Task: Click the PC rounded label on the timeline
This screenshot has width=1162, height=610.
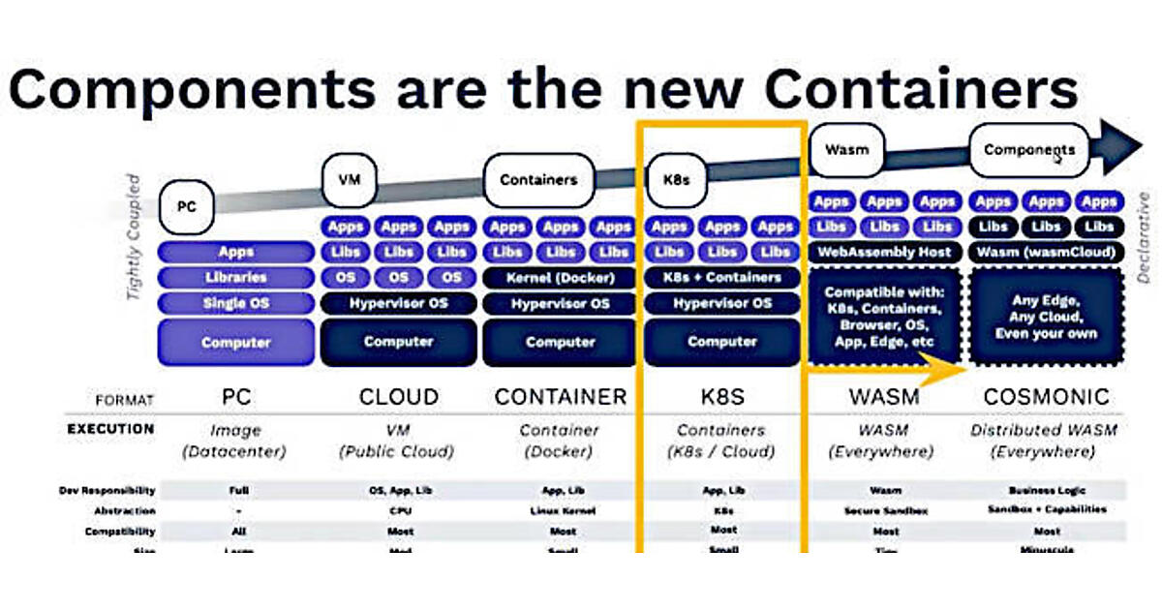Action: coord(188,206)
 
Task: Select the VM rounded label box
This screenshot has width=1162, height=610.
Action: coord(348,179)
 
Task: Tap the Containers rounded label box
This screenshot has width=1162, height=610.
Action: coord(538,179)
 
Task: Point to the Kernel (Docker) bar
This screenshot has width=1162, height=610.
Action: coord(561,277)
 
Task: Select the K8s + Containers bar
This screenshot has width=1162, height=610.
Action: coord(722,277)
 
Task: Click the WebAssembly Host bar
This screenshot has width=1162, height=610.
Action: coord(884,252)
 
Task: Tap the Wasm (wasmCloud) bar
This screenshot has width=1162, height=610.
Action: coord(1046,252)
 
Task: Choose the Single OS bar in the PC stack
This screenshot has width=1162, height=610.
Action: coord(236,303)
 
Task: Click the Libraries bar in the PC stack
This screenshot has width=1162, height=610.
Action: coord(236,277)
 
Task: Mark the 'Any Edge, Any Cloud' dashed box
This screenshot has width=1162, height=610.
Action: coord(1046,317)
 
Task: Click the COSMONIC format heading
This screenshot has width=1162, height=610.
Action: coord(1046,397)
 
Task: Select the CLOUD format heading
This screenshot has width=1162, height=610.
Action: coord(399,397)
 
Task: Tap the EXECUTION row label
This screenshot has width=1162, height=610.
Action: coord(109,429)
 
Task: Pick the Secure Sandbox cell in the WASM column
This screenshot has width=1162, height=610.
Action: coord(885,510)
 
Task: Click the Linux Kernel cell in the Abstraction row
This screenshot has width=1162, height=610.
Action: coord(561,510)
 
